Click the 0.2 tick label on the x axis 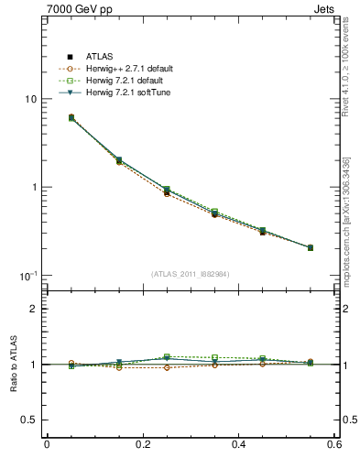(142, 445)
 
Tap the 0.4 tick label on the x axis (238, 445)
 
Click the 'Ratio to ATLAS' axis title (12, 365)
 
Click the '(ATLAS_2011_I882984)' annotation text (191, 274)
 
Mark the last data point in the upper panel (311, 247)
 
